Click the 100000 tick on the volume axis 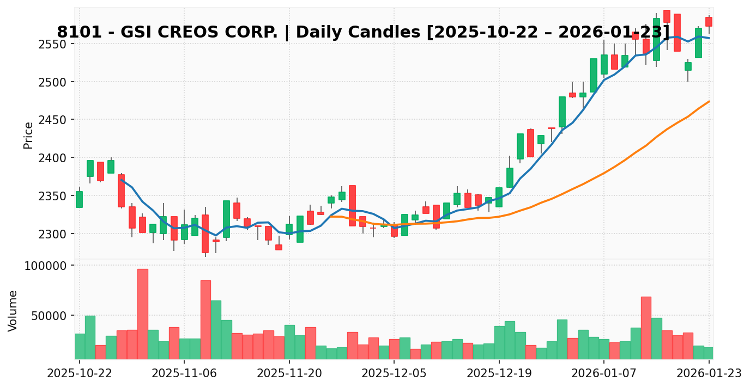click(x=47, y=266)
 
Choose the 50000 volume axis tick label click(x=50, y=316)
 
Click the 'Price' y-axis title click(x=28, y=135)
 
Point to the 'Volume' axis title click(x=13, y=310)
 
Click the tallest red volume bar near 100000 click(x=142, y=314)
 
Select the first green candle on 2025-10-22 click(x=79, y=199)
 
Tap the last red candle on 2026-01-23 click(x=709, y=22)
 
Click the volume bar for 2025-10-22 click(x=80, y=346)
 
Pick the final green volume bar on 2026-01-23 click(x=709, y=353)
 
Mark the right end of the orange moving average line click(x=709, y=101)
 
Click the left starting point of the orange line click(x=331, y=216)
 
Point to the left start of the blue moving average click(x=122, y=180)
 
